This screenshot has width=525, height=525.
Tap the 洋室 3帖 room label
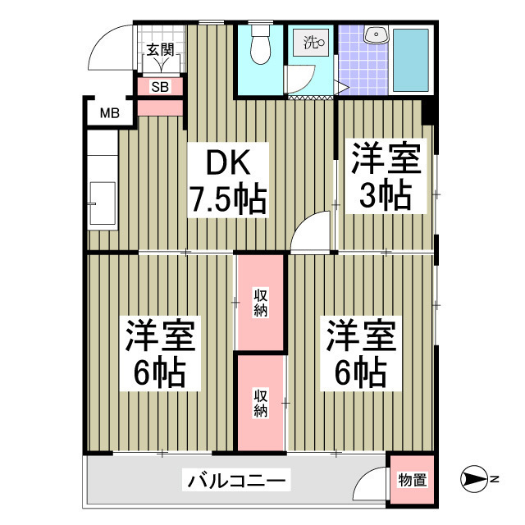[386, 178]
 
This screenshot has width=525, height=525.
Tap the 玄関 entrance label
[160, 49]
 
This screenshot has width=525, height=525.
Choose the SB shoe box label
[160, 85]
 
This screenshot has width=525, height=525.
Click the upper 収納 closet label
[260, 303]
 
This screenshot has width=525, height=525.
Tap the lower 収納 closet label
[260, 401]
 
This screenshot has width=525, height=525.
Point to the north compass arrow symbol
[477, 479]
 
